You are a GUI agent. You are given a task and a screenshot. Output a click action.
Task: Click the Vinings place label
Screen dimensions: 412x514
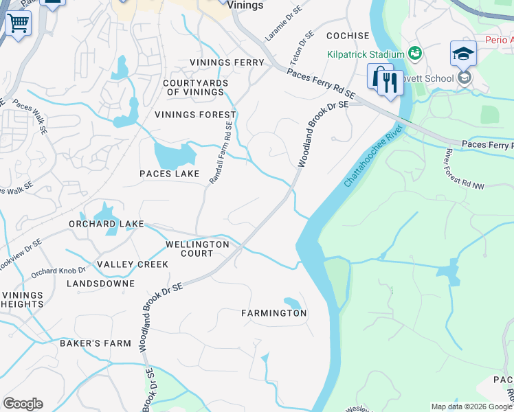[245, 5]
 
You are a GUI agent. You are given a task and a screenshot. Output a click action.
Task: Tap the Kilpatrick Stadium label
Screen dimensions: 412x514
[366, 54]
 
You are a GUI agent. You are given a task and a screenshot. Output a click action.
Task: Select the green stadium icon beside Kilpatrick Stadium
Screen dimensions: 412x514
[414, 53]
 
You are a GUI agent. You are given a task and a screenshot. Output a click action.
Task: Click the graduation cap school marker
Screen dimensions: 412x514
[463, 54]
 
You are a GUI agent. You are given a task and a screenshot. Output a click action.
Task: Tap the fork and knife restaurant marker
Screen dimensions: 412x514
[390, 83]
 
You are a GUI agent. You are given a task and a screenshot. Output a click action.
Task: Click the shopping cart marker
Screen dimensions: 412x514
[18, 23]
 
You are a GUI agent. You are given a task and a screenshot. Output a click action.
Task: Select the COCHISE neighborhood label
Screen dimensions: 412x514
[348, 35]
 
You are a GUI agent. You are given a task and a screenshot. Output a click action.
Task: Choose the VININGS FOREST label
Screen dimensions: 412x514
[195, 115]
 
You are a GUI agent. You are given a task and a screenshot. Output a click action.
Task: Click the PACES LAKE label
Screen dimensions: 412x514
[169, 174]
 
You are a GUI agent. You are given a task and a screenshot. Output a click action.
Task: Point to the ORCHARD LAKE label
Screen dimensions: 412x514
[106, 224]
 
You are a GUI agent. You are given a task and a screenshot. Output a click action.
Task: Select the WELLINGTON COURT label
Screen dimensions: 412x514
[197, 249]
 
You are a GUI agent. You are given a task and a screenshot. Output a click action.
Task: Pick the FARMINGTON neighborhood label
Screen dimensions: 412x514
[273, 313]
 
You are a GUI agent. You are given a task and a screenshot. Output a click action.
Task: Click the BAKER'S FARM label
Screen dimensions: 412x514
[95, 343]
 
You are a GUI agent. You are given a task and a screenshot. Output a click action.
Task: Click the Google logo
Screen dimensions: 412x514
[23, 404]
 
